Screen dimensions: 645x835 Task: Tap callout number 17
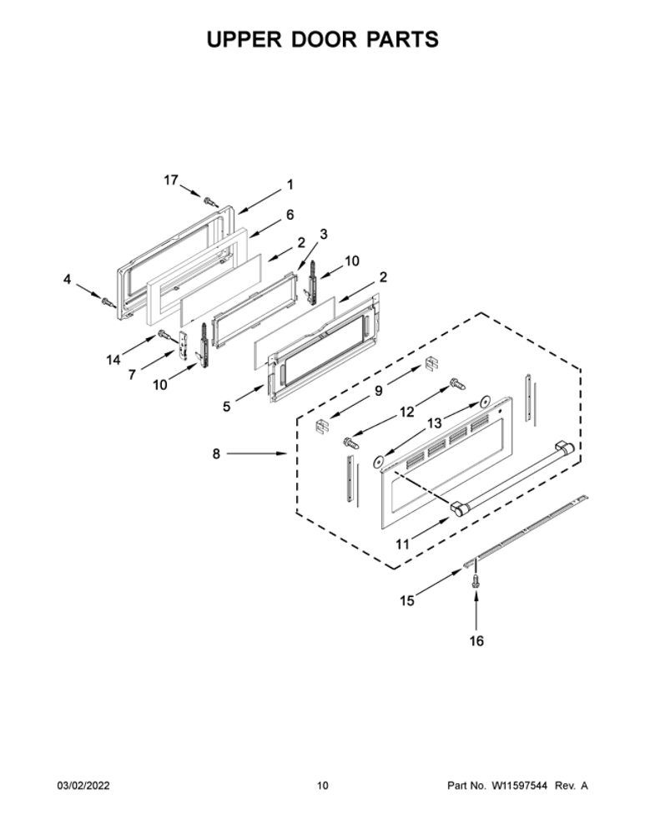tap(171, 180)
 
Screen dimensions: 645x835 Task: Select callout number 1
tap(290, 185)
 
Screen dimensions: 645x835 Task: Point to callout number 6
tap(290, 215)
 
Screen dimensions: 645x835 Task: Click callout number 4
tap(67, 279)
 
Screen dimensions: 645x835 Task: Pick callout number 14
tap(113, 361)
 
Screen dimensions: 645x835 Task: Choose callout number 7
tap(132, 375)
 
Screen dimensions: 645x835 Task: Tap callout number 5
tap(227, 407)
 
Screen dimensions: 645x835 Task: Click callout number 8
tap(216, 454)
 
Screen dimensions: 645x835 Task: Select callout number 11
tap(403, 544)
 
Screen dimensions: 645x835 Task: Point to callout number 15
tap(407, 600)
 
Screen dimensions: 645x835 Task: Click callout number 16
tap(476, 641)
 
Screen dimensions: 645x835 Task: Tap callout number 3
tap(323, 235)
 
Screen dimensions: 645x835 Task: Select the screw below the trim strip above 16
tap(476, 581)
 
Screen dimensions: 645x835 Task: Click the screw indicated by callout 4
tap(108, 302)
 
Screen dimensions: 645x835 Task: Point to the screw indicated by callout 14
tap(164, 336)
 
